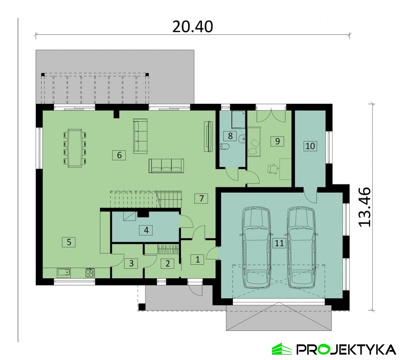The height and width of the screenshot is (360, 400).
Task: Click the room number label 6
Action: click(119, 155)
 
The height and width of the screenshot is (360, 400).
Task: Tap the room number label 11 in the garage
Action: click(279, 243)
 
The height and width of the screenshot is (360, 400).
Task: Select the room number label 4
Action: click(146, 230)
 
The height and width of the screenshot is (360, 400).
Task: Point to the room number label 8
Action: click(230, 136)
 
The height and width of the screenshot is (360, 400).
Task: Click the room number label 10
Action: click(310, 146)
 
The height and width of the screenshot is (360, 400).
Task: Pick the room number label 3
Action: click(131, 263)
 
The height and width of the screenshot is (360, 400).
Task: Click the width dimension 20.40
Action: click(193, 27)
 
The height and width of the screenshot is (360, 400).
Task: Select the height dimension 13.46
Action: click(364, 207)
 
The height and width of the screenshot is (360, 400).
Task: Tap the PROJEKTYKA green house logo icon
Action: click(281, 349)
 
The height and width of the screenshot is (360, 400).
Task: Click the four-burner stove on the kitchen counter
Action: click(90, 272)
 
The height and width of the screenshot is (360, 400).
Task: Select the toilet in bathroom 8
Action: click(225, 147)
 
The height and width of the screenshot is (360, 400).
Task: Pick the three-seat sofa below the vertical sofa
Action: click(166, 165)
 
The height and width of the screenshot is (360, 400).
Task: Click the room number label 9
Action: click(278, 141)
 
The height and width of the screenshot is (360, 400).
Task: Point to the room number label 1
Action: click(198, 260)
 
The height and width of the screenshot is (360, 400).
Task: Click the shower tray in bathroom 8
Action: click(238, 119)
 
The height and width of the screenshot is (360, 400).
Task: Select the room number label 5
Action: click(69, 242)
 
